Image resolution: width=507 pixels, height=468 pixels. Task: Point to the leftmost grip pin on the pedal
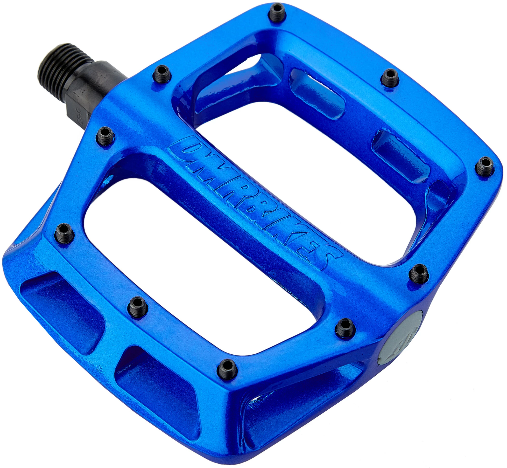[x=64, y=232]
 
